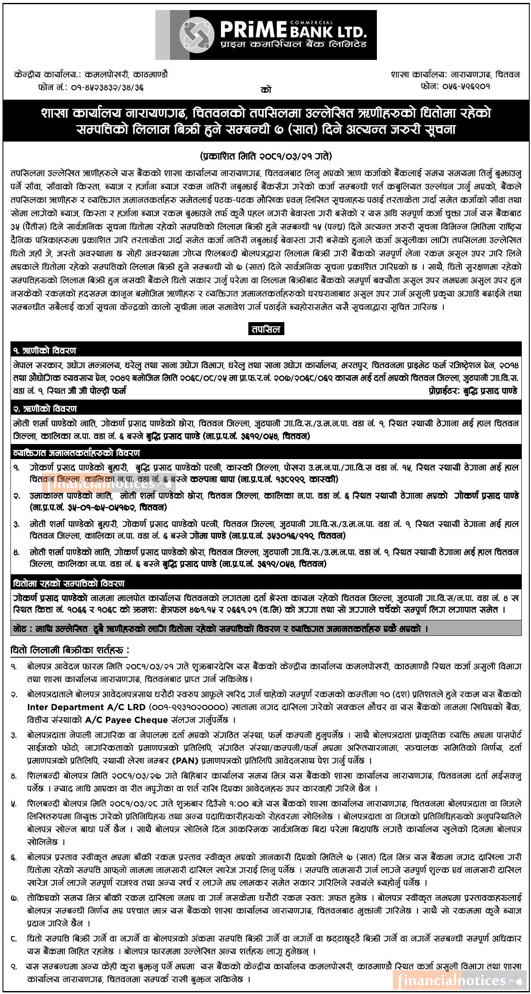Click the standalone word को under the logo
tap(266, 90)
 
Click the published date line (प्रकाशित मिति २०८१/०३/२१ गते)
tap(266, 156)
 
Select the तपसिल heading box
tap(266, 329)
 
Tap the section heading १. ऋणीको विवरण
tap(45, 350)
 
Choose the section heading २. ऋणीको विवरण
tap(45, 408)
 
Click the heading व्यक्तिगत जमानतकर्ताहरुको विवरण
tap(77, 453)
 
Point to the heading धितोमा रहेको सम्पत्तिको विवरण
tap(69, 583)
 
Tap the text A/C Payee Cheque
tap(126, 720)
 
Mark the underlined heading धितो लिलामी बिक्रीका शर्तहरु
tap(70, 650)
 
